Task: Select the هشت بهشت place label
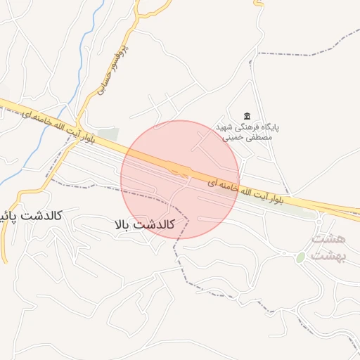[328, 247]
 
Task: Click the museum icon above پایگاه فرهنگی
[247, 116]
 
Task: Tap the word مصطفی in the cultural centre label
[257, 138]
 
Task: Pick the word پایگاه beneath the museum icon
[266, 127]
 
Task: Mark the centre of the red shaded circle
[180, 179]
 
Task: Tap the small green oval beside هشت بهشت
[300, 258]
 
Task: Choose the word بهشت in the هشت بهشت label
[328, 255]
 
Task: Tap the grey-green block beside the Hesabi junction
[107, 134]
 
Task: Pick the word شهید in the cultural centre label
[223, 127]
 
